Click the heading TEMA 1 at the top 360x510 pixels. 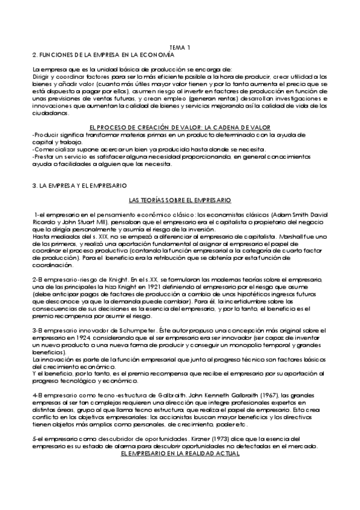(x=180, y=47)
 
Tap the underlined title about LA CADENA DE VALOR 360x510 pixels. (x=179, y=127)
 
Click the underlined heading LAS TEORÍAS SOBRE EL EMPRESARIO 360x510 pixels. (x=180, y=199)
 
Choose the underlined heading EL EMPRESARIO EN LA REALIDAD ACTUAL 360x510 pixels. (x=180, y=473)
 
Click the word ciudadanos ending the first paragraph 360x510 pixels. (x=52, y=112)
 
